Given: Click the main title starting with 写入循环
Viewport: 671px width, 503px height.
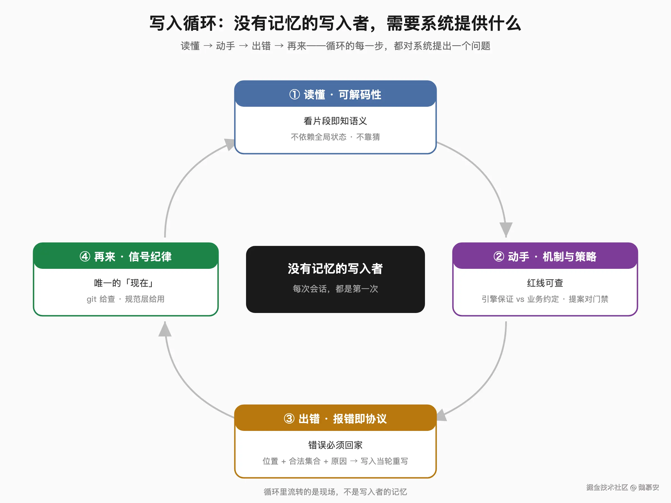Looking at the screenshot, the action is pyautogui.click(x=335, y=23).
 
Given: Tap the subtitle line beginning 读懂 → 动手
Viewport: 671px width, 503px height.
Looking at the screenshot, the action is pyautogui.click(x=335, y=46).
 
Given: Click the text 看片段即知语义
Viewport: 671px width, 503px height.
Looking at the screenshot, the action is pyautogui.click(x=335, y=121).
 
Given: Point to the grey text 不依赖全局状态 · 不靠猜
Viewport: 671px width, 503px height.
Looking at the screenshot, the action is pyautogui.click(x=335, y=137).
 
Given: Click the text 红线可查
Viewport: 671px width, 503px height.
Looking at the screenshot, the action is pyautogui.click(x=545, y=283).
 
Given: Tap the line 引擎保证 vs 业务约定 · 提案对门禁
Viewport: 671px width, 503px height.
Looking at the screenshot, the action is pyautogui.click(x=545, y=299).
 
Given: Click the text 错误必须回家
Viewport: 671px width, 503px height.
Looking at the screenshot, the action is pyautogui.click(x=335, y=445).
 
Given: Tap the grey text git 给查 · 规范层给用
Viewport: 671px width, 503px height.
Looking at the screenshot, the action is pyautogui.click(x=126, y=299).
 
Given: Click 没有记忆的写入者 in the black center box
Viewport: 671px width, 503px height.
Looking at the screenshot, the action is pyautogui.click(x=335, y=269).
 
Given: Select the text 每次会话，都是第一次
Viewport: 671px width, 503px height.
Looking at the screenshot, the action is pyautogui.click(x=335, y=289).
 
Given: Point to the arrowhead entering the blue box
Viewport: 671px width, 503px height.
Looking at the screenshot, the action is pyautogui.click(x=230, y=144).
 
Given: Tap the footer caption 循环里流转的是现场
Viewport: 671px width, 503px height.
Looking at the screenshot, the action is pyautogui.click(x=335, y=492).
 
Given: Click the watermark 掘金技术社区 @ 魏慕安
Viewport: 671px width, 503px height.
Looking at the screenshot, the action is pyautogui.click(x=622, y=487).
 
